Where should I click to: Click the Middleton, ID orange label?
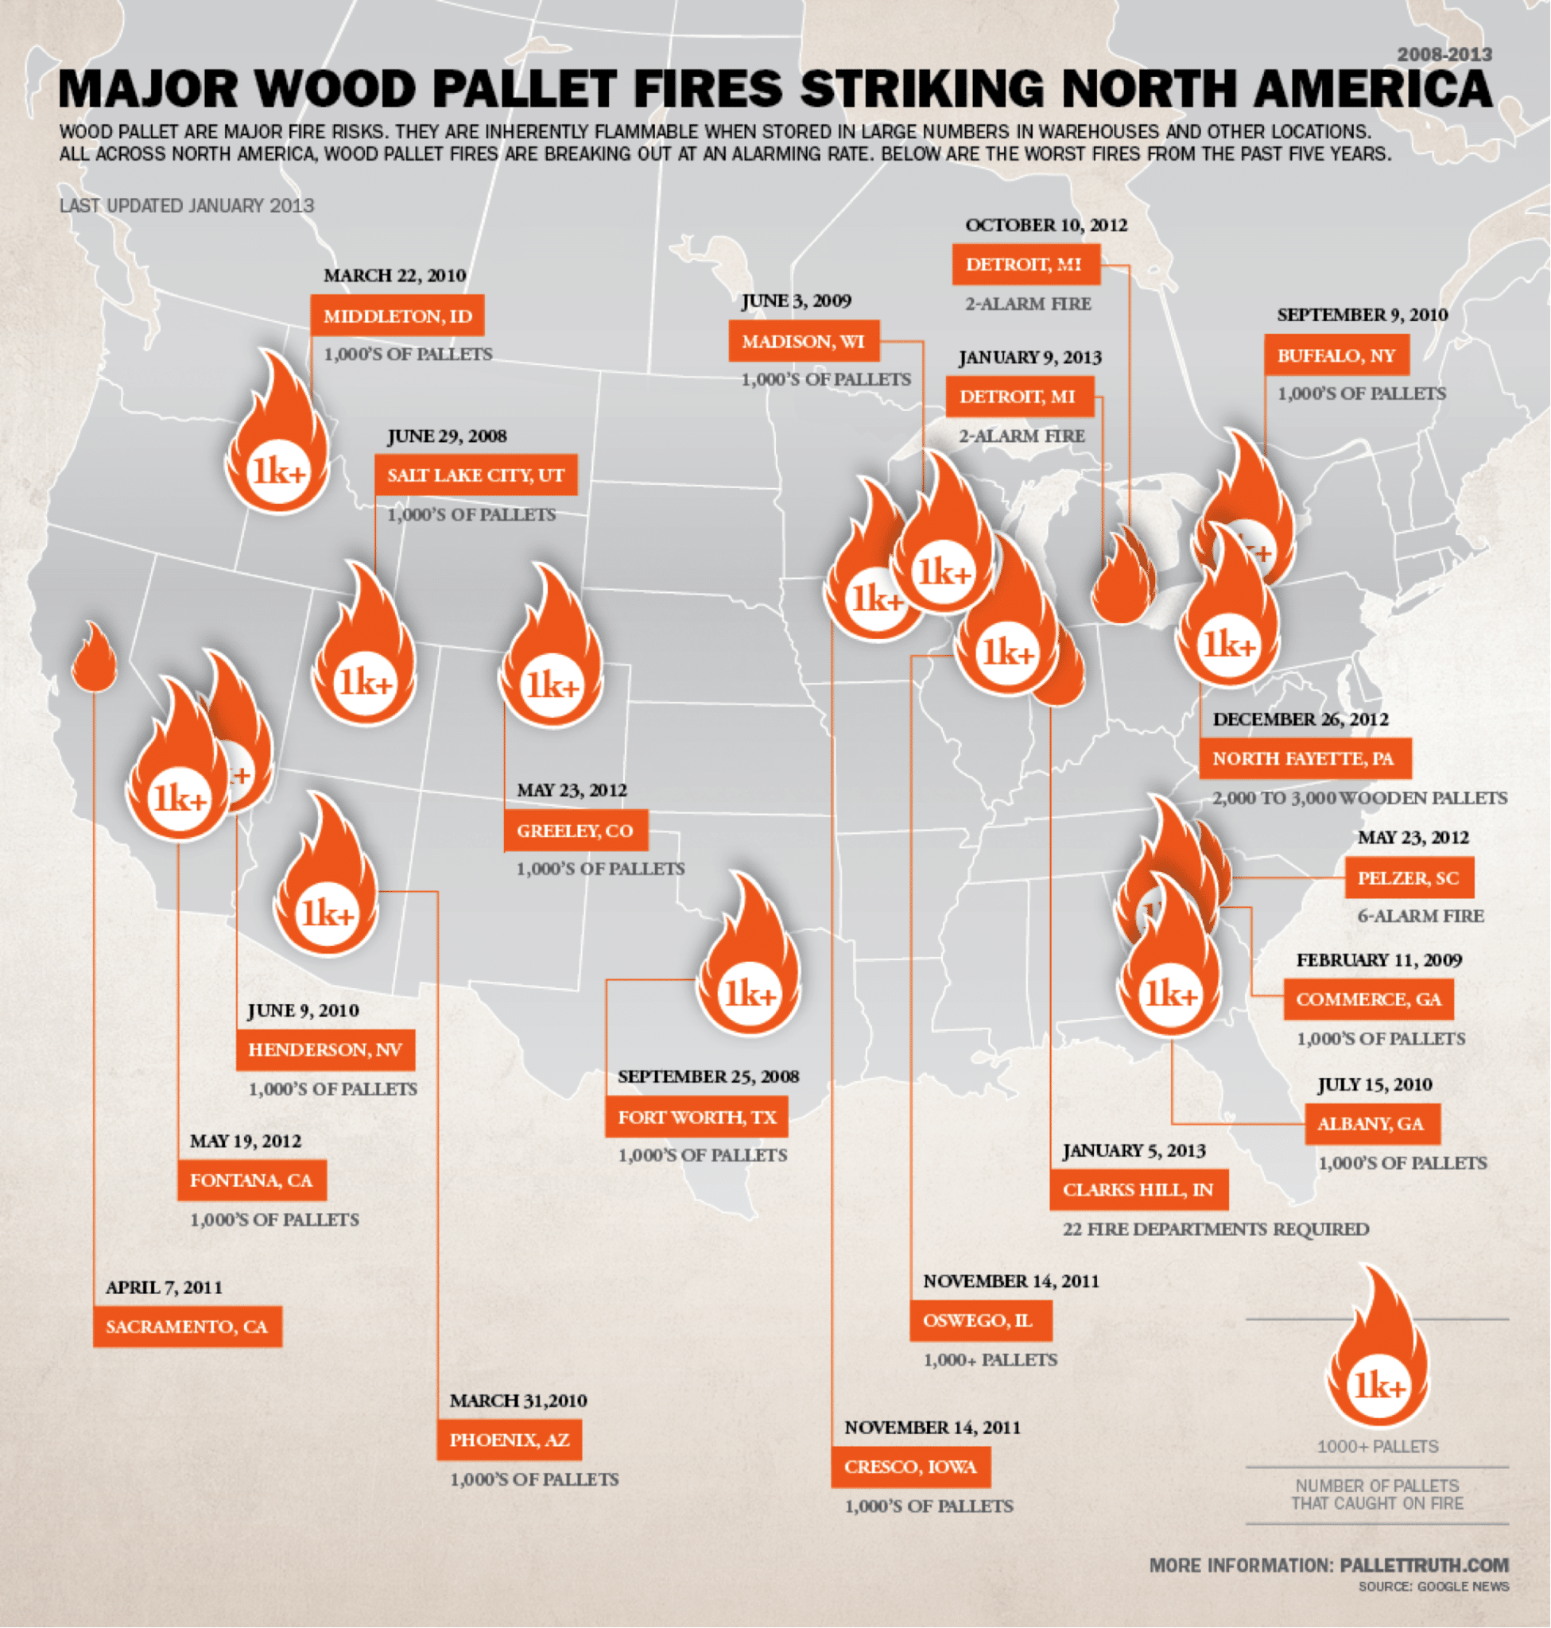[x=397, y=316]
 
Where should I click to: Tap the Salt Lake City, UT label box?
[x=475, y=475]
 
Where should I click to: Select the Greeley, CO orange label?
[x=575, y=831]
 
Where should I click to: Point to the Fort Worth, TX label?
[x=696, y=1118]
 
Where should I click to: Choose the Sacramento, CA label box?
[x=187, y=1327]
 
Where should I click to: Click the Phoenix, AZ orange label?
[x=509, y=1440]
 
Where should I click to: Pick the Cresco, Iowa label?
[x=910, y=1467]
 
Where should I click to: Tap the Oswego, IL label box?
[x=980, y=1320]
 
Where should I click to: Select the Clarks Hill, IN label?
[x=1138, y=1190]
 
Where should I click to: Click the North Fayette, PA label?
[x=1305, y=758]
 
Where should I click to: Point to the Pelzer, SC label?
[x=1408, y=878]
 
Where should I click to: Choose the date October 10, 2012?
[x=1046, y=225]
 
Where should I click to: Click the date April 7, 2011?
[x=164, y=1287]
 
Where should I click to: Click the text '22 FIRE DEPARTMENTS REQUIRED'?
[x=1216, y=1230]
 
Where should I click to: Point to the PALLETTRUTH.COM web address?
[x=1424, y=1565]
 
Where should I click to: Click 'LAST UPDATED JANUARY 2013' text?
[x=187, y=206]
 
